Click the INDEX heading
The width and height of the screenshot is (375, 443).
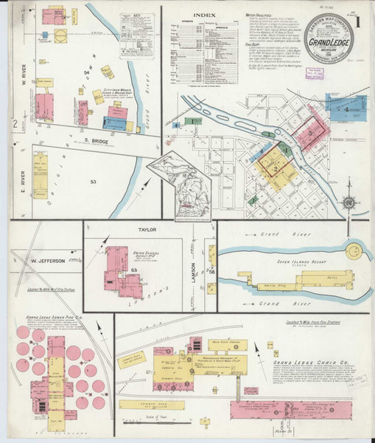coord(204,15)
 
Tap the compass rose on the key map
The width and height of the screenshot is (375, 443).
coord(349,201)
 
